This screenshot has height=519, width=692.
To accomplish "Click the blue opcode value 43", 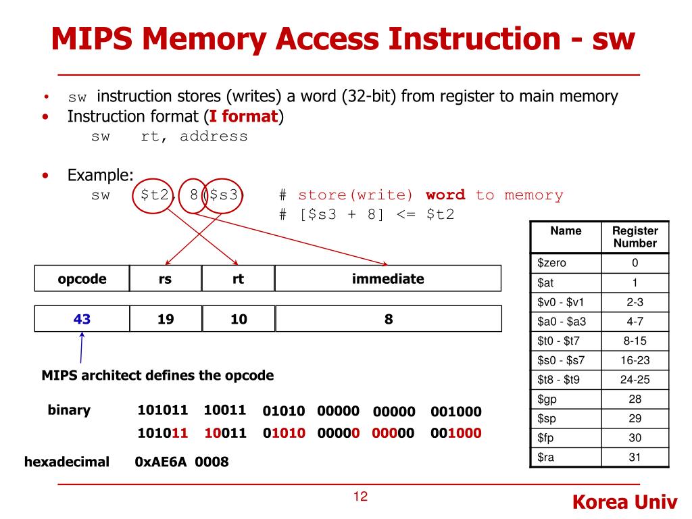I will point(82,319).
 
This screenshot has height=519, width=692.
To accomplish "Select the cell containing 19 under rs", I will point(166,319).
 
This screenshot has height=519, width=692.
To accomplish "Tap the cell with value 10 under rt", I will point(239,319).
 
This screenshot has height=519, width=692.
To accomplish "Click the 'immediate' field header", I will point(388,278).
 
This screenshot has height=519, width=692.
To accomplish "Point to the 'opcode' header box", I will point(82,278).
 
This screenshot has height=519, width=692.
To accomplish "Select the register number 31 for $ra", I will point(635,458).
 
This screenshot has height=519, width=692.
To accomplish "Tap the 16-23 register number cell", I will point(635,360).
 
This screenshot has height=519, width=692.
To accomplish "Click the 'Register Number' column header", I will point(635,237).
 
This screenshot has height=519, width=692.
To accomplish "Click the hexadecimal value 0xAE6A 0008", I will point(182,462).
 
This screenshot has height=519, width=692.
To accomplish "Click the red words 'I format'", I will point(244,116).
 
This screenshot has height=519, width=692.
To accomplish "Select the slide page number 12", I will point(360,498).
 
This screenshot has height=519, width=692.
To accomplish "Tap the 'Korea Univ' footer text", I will point(624,502).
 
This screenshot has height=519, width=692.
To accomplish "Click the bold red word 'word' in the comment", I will point(445,195).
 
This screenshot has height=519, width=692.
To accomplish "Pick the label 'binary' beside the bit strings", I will point(69,410).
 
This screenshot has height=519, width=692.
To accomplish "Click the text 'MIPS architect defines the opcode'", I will point(157,376).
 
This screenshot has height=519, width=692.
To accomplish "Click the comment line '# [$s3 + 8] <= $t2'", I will point(366,215).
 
